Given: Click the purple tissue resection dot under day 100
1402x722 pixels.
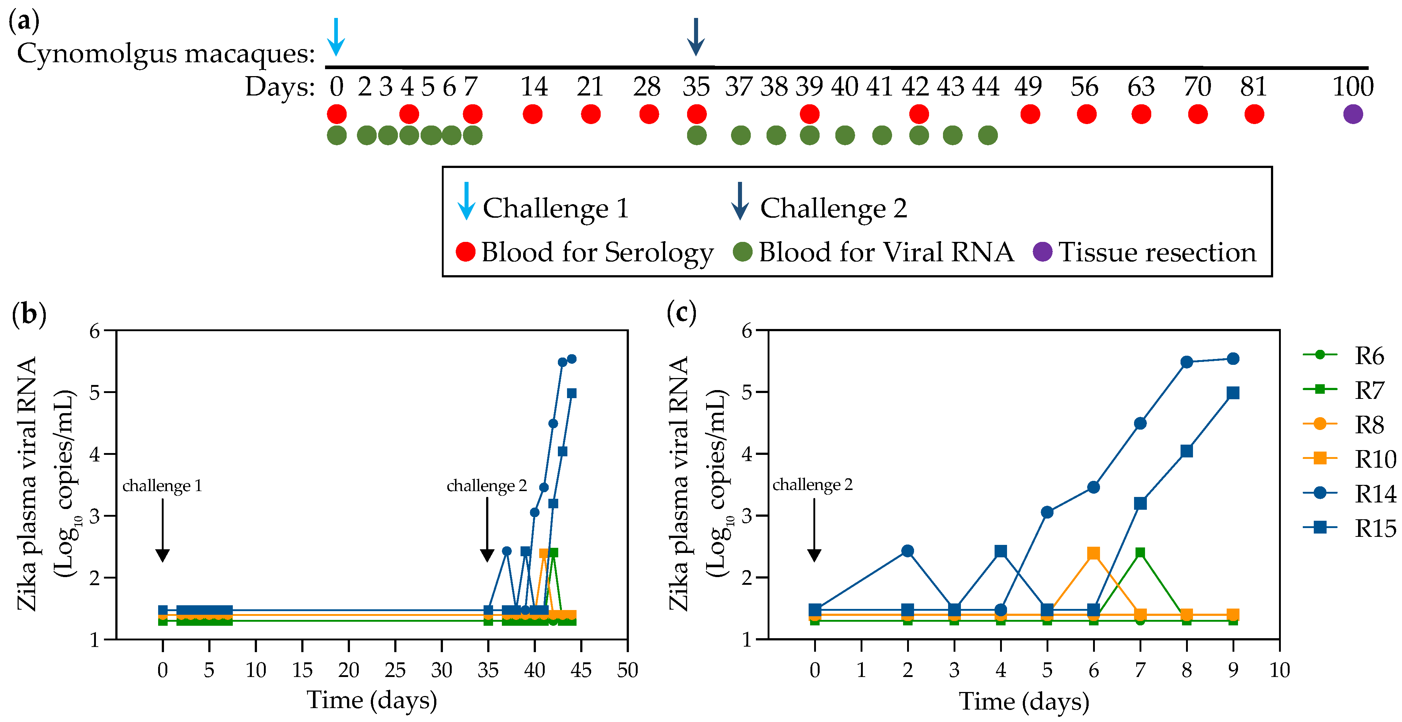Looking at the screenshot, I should coord(1353,114).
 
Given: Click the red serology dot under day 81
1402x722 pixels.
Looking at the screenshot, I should coord(1254,114).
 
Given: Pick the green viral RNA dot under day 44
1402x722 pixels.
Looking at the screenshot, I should coord(987,135).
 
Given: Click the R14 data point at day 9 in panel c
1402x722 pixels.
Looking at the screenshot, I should coord(1233,359).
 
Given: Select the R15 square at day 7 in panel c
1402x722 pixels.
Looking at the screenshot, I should coord(1140,503).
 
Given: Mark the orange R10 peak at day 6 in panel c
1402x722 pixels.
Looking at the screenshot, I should coord(1093,553).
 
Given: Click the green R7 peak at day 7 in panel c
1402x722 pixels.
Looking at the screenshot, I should coord(1140,553).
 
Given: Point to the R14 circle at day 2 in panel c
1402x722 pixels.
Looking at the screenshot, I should coord(907,551).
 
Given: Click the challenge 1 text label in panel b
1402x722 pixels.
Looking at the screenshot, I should coord(162,485).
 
